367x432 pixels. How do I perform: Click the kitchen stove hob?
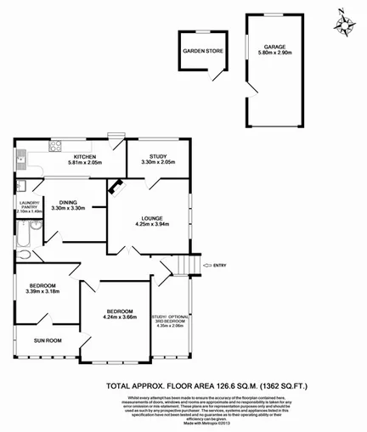point(57,145)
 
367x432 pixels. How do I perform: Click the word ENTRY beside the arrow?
point(221,266)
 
